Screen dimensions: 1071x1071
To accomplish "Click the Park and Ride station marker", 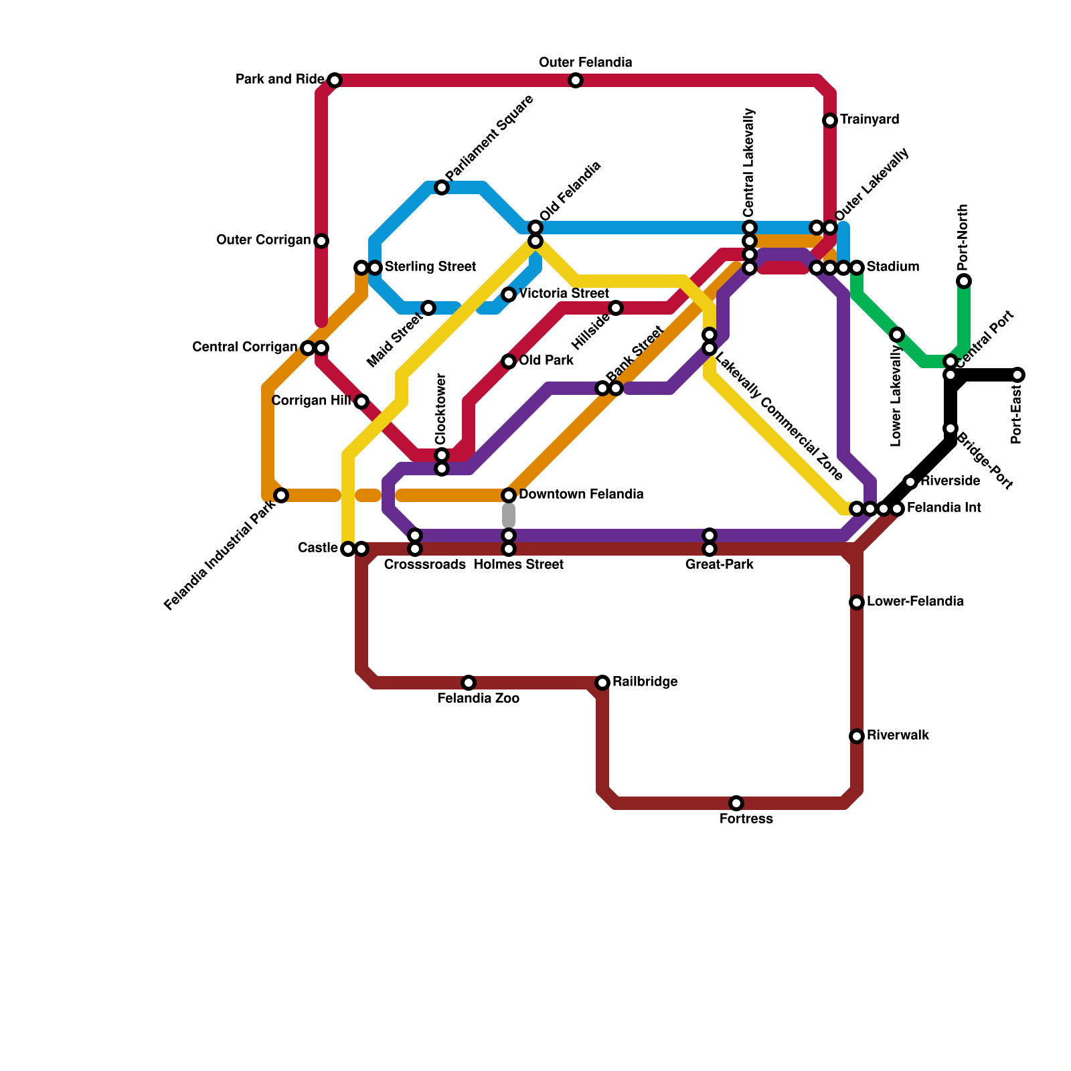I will [x=335, y=80].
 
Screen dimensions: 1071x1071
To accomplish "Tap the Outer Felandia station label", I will [x=585, y=63].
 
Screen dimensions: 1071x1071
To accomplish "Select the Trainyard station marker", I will [x=830, y=120].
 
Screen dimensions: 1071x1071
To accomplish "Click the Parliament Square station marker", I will [x=442, y=187].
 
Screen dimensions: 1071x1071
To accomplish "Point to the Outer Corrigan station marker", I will [x=321, y=241].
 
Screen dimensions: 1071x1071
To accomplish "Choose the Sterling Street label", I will [x=430, y=267].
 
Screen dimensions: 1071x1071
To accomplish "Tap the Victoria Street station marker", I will [x=509, y=295].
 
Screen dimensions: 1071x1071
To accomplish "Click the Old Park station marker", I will [x=509, y=361].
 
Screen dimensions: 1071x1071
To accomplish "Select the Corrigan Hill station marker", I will [x=361, y=402].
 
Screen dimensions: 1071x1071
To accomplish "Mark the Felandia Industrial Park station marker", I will [x=281, y=495].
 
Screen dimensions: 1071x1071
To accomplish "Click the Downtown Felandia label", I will [x=581, y=495].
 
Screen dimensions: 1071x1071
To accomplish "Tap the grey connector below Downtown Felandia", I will [x=509, y=515].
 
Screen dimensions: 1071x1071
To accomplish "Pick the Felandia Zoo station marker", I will [x=469, y=683].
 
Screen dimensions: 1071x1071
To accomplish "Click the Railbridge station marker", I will [x=602, y=683].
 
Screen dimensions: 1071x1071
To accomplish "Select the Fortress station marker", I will [x=736, y=803].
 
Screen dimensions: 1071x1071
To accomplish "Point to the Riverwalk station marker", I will [x=857, y=736].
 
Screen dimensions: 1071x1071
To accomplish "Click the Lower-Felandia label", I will [x=915, y=602].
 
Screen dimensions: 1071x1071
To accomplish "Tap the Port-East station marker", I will [x=1017, y=375].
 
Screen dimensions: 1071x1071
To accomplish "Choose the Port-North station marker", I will [x=964, y=281].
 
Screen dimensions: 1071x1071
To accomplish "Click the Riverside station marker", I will [x=910, y=482].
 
